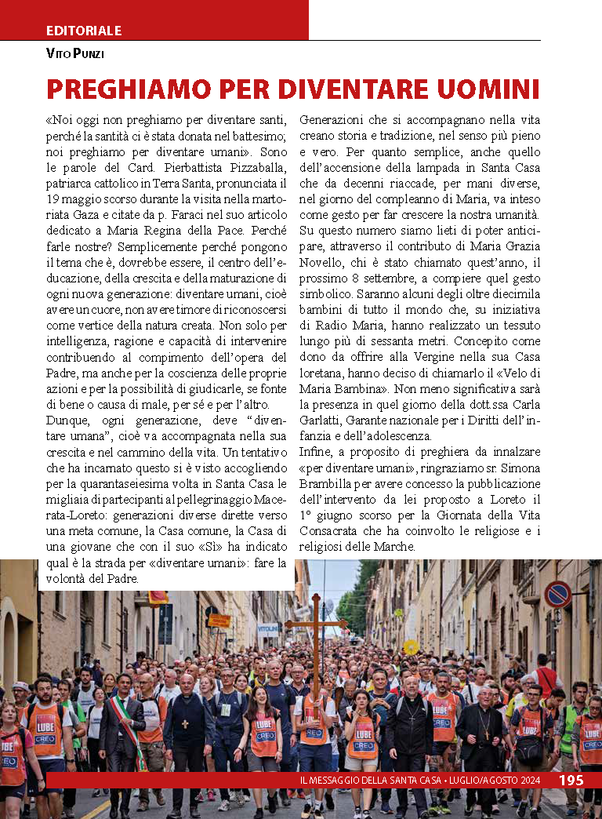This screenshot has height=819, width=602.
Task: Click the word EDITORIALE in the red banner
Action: tap(84, 31)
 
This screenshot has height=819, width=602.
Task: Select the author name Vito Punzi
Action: tap(75, 54)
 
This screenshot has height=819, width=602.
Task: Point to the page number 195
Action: tap(571, 780)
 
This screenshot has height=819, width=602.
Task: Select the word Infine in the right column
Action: tap(315, 450)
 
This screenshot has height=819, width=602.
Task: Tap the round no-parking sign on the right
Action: tap(557, 594)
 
